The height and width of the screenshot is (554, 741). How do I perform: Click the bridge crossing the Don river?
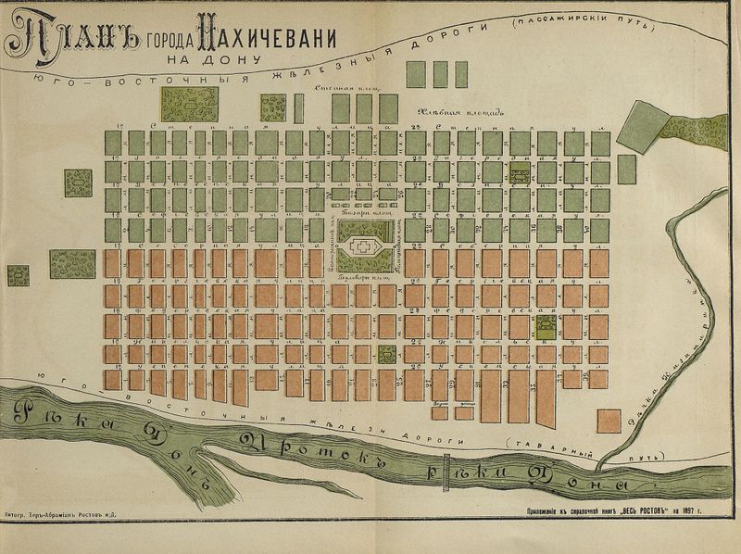point(446,466)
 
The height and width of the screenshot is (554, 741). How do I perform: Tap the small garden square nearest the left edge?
point(18,275)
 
